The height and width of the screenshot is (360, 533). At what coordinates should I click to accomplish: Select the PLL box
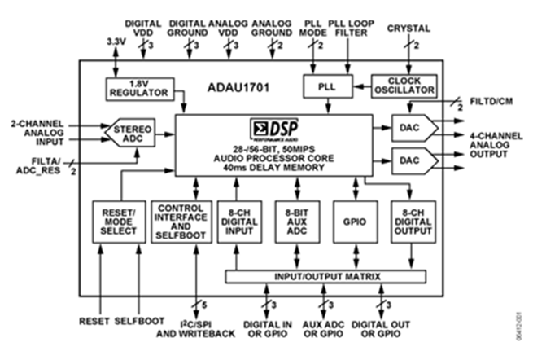point(324,85)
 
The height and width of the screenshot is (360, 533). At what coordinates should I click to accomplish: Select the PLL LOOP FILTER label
point(352,29)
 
